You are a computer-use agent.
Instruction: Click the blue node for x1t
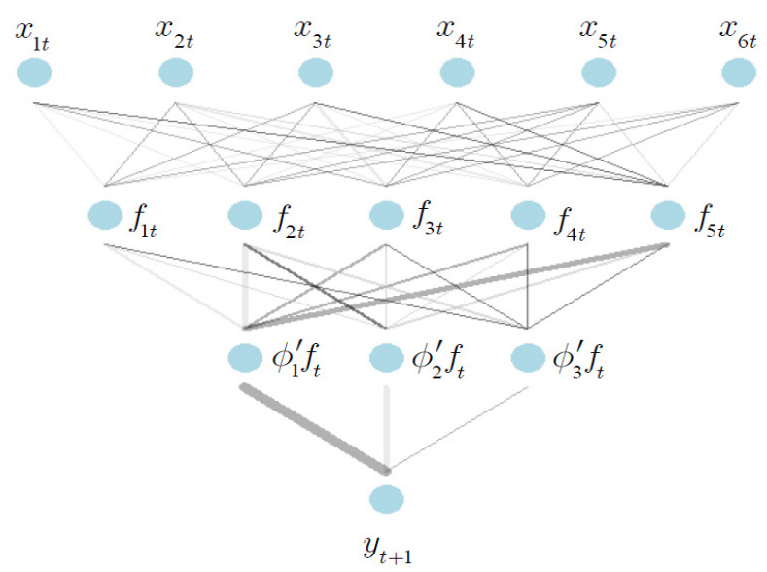tap(34, 72)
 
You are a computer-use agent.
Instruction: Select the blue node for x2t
tap(175, 72)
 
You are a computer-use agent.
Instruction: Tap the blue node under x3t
tap(315, 72)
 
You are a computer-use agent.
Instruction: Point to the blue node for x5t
tap(597, 72)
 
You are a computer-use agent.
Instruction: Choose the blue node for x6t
tap(739, 72)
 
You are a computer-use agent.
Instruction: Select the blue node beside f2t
tap(245, 214)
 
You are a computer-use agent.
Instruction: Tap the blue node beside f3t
tap(387, 214)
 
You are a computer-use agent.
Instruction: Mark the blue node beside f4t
tap(527, 214)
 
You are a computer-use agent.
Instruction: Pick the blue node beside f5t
tap(668, 214)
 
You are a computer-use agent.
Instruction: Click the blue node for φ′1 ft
tap(245, 358)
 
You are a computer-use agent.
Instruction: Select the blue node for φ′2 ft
tap(387, 358)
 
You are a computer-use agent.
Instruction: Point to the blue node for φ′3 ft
tap(527, 358)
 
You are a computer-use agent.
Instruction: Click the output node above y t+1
tap(387, 500)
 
